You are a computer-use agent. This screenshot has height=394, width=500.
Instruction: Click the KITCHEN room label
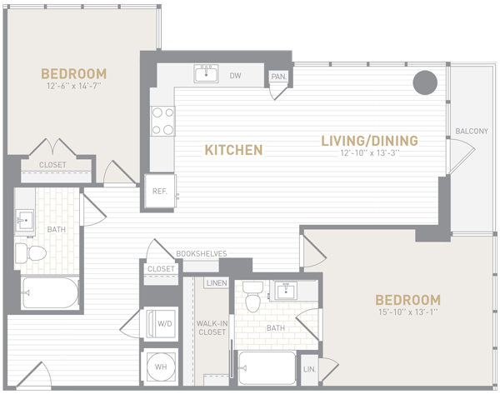point(233,150)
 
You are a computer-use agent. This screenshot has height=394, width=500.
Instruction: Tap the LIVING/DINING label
point(369,141)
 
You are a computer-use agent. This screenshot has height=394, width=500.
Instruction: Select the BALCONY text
point(472,131)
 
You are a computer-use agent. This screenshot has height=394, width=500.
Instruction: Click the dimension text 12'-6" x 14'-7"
point(74,86)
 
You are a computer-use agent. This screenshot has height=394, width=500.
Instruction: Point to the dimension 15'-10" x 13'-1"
point(407,312)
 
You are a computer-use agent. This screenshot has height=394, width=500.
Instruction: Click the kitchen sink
point(206,73)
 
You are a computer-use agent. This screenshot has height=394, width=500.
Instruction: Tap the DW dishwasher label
point(235,76)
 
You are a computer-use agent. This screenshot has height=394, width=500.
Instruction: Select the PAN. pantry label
point(279,77)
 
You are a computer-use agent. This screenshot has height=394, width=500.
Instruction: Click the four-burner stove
point(162,121)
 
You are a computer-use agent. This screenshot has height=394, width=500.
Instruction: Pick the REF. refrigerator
point(160,191)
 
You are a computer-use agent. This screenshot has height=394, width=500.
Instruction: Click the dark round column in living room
point(425,82)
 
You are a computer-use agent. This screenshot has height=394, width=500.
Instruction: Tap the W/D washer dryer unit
point(161,324)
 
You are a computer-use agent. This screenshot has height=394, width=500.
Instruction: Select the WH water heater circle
point(161,367)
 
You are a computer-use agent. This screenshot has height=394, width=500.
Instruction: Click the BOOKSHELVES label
point(202,254)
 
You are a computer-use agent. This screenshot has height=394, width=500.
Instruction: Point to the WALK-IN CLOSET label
point(212,327)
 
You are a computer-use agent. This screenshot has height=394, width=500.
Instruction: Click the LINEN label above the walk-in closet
point(217,282)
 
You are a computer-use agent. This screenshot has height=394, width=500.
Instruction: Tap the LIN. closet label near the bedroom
point(310,369)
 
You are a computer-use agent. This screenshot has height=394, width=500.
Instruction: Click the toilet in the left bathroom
point(31,253)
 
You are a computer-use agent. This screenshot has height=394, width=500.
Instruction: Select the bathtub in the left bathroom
point(50,293)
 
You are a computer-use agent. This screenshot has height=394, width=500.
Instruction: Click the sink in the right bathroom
point(286,291)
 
